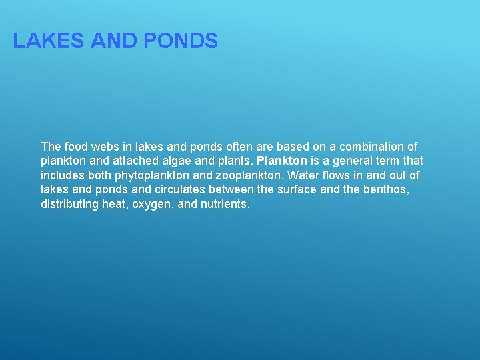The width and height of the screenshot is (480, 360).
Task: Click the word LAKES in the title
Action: tap(48, 41)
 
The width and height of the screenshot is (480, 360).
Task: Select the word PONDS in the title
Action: tap(180, 41)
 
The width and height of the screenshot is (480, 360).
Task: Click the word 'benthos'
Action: tap(385, 190)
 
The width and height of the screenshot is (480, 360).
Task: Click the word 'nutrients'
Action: tap(225, 205)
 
